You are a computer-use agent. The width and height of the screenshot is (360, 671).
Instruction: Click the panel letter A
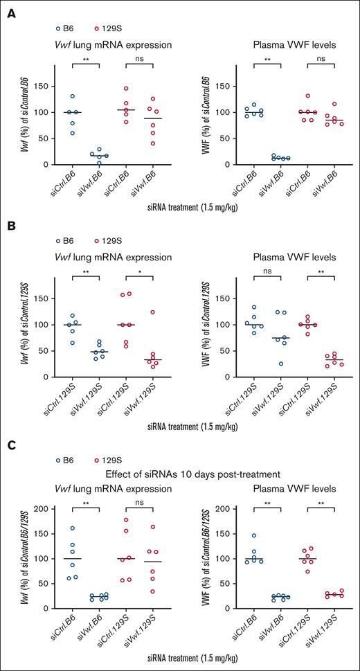click(10, 11)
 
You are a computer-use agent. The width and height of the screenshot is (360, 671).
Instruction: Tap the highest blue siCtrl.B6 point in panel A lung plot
click(71, 96)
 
